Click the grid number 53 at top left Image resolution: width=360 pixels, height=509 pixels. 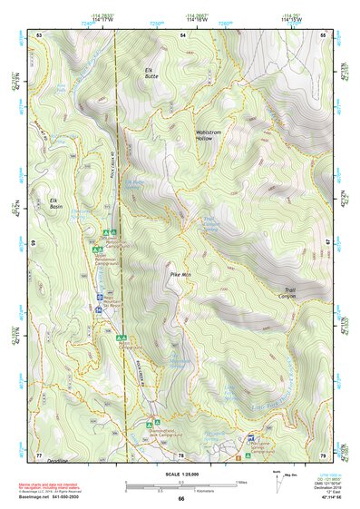tap(40, 34)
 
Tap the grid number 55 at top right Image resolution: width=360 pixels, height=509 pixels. tap(324, 34)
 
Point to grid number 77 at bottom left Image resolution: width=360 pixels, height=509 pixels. tap(39, 455)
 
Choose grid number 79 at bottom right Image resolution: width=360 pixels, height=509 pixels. tap(324, 455)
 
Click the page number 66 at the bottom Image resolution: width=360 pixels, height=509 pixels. tap(180, 498)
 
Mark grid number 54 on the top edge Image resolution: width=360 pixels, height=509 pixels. tap(182, 34)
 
